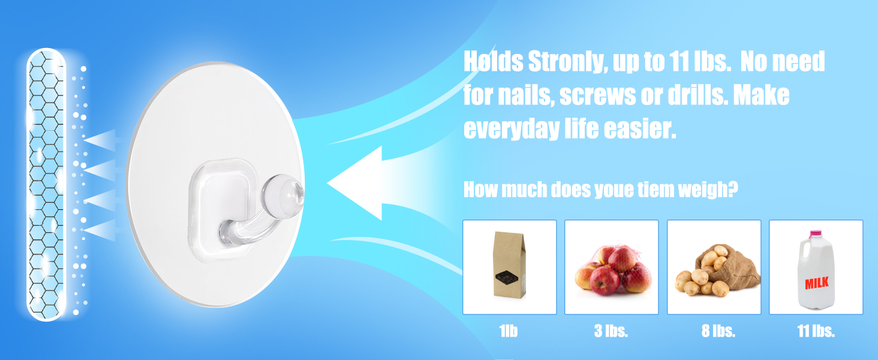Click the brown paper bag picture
point(509,265)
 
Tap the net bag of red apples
point(613,270)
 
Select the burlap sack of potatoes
point(717,270)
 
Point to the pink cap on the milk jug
point(816,234)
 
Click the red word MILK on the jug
point(816,283)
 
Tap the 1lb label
point(509,331)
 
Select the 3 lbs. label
point(611,331)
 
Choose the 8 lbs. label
point(718,331)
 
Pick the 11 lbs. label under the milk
point(816,331)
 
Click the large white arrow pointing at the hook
point(354,183)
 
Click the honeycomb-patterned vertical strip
point(46,184)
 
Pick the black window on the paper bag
point(507,277)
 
